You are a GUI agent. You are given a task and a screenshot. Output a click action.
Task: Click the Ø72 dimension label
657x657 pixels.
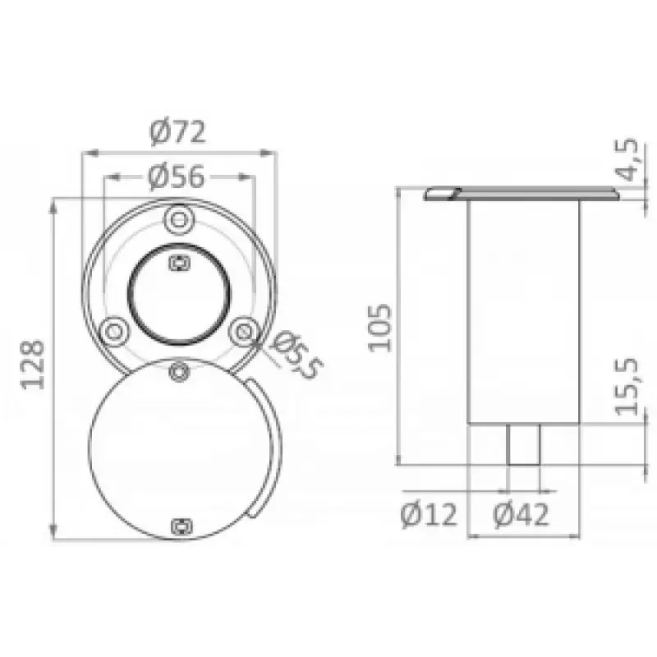[x=177, y=132]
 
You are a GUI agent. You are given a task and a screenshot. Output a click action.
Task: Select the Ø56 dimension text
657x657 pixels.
[x=177, y=177]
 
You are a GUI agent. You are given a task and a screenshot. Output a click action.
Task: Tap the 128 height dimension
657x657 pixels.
[x=33, y=365]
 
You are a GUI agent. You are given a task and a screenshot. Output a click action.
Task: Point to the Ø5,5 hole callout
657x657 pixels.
[x=296, y=355]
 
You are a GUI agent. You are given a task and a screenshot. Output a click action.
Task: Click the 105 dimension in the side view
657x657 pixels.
[x=379, y=328]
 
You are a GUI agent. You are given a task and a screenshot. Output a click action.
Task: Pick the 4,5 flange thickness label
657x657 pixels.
[x=627, y=159]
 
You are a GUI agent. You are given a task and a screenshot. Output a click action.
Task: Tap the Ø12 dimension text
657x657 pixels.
[x=429, y=515]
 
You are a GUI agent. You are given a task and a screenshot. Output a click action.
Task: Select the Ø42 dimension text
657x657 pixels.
[x=521, y=515]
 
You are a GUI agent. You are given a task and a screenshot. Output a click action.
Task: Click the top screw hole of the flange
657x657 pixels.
[x=179, y=219]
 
